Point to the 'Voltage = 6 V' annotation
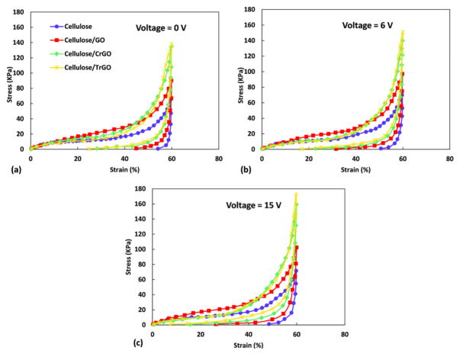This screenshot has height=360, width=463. point(371,24)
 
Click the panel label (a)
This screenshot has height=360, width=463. point(10,170)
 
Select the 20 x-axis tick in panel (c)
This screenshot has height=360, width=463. point(200,334)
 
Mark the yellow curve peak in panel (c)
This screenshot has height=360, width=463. point(296,194)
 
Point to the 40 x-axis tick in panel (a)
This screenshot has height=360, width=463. point(124,159)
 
